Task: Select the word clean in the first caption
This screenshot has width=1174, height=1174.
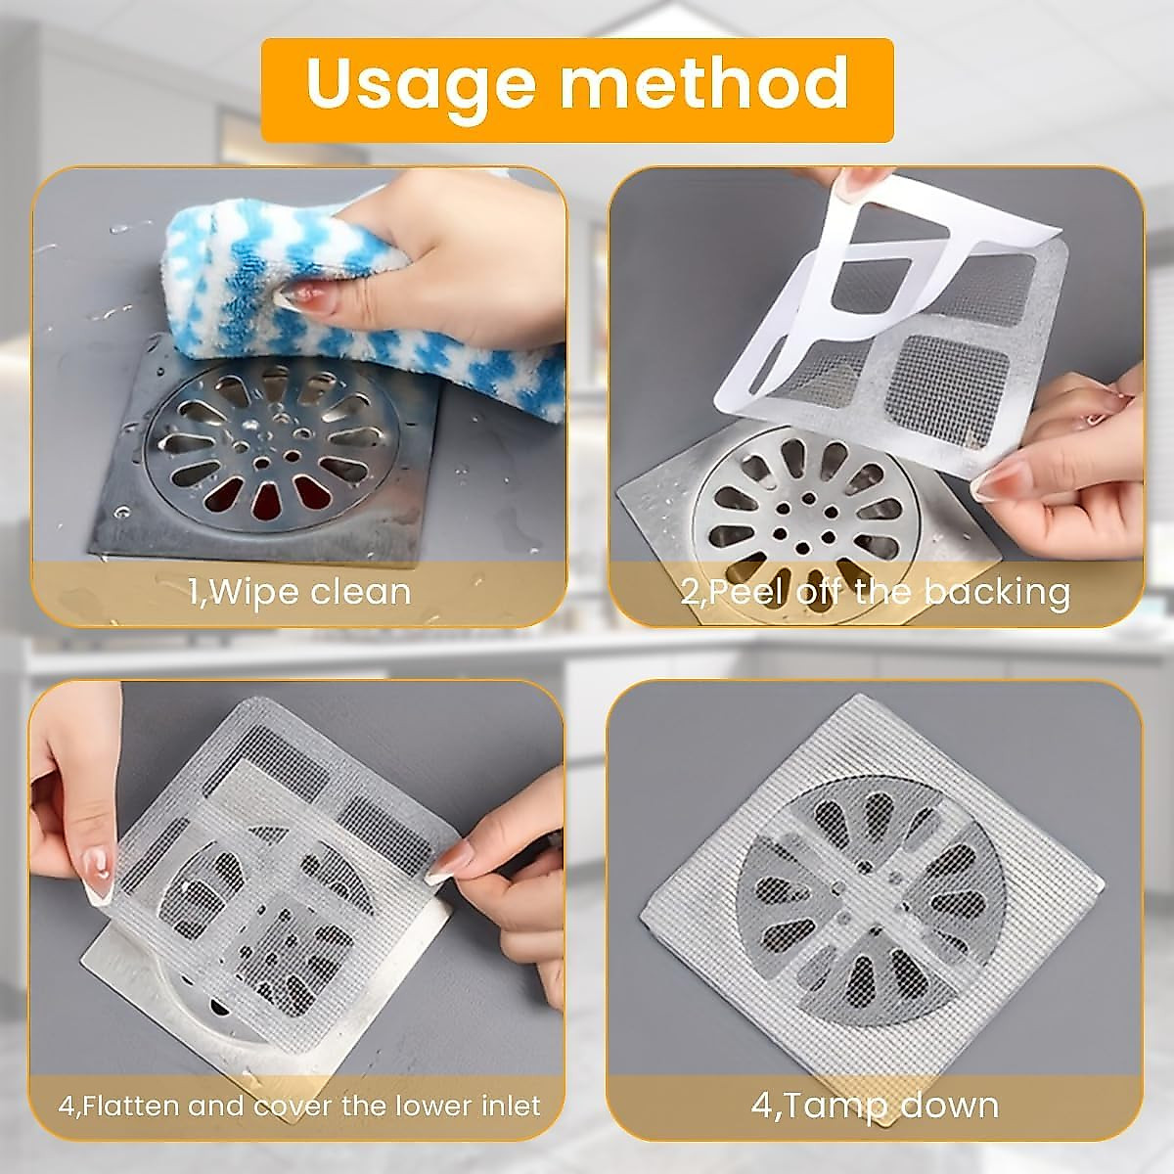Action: (x=363, y=592)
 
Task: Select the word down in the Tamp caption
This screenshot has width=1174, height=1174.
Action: (x=949, y=1106)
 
